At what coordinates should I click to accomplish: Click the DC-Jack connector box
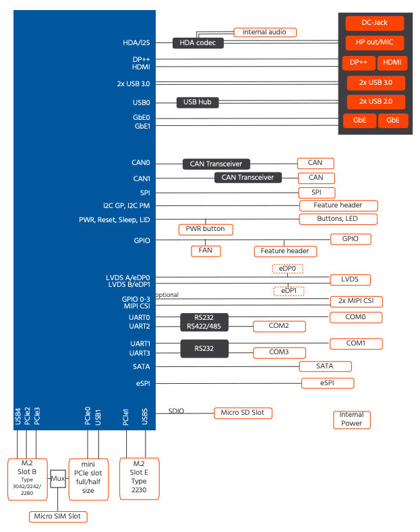click(x=375, y=23)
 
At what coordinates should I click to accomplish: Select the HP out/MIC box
click(x=375, y=42)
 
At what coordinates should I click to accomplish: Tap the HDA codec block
click(x=198, y=43)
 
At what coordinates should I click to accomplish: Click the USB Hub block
click(x=198, y=102)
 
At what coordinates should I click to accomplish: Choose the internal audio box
click(x=265, y=32)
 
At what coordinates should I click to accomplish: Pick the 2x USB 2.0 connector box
click(x=376, y=102)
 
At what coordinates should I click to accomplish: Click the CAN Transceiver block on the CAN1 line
click(x=248, y=178)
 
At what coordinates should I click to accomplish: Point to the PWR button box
click(x=206, y=230)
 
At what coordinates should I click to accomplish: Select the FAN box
click(x=206, y=251)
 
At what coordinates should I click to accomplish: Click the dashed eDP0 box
click(x=288, y=269)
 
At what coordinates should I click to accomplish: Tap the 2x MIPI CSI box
click(x=356, y=301)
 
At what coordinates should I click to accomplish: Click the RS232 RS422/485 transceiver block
click(x=204, y=322)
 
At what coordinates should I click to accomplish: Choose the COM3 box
click(x=279, y=352)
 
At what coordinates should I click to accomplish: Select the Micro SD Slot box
click(x=243, y=413)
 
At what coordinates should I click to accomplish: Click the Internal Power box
click(x=352, y=420)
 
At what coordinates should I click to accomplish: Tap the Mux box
click(x=58, y=479)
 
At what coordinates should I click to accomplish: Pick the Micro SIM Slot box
click(x=58, y=517)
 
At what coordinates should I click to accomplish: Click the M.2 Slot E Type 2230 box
click(x=139, y=479)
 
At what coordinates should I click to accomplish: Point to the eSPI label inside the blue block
click(x=143, y=383)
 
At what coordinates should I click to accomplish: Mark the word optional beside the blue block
click(x=167, y=295)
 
